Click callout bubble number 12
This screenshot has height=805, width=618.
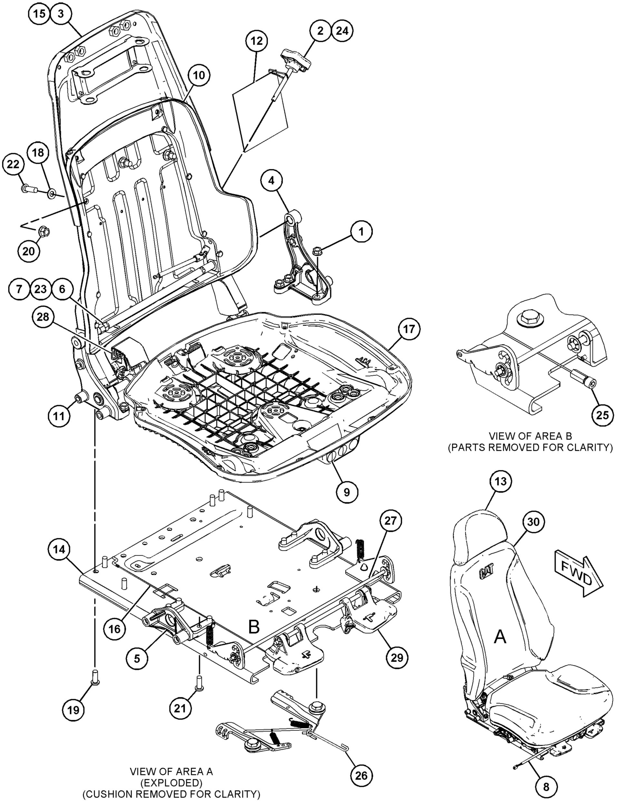coord(257,41)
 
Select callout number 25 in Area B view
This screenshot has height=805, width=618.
coord(603,415)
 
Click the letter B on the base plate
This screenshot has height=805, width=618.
coord(254,627)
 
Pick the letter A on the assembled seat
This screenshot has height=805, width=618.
coord(500,636)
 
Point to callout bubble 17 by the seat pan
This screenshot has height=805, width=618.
coord(409,329)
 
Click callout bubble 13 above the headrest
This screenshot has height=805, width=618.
coord(501,482)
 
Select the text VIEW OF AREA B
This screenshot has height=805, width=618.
coord(530,436)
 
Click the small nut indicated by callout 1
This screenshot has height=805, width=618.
coord(317,251)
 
